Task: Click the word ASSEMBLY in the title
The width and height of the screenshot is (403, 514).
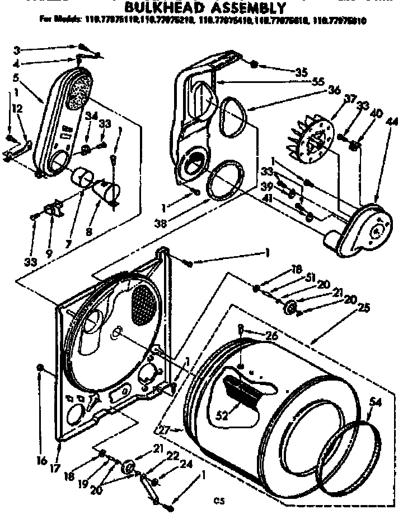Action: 246,8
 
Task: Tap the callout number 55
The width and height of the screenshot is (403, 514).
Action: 319,82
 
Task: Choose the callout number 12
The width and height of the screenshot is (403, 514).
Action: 18,109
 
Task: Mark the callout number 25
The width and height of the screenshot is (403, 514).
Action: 364,307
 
